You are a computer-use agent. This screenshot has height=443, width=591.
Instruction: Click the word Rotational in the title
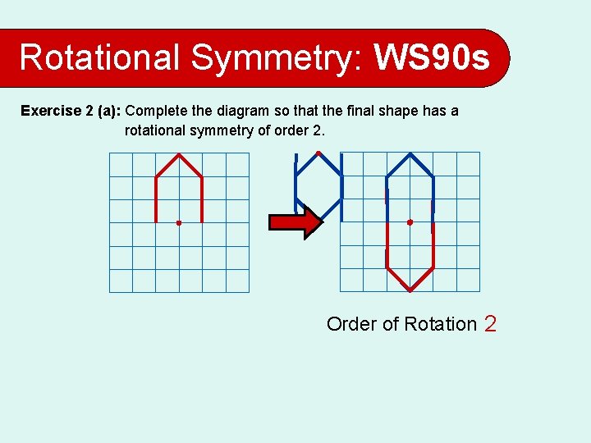[x=99, y=57]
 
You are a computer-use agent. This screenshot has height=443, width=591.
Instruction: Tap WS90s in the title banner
[x=432, y=57]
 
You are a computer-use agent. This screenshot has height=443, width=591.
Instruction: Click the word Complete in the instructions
[x=156, y=111]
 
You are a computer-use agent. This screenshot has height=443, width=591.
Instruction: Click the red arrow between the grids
[x=296, y=222]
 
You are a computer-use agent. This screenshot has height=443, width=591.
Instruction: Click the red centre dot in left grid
[x=178, y=222]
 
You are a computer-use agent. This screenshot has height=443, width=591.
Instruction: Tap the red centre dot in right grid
[x=410, y=222]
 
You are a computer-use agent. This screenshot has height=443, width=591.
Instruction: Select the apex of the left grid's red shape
[x=179, y=154]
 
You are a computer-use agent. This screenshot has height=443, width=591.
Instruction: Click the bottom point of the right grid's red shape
[x=410, y=290]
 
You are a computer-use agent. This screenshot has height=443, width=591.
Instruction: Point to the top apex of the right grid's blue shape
[x=410, y=154]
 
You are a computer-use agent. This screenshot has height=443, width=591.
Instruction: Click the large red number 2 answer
[x=490, y=324]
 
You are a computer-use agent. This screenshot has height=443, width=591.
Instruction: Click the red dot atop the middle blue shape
[x=318, y=153]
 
